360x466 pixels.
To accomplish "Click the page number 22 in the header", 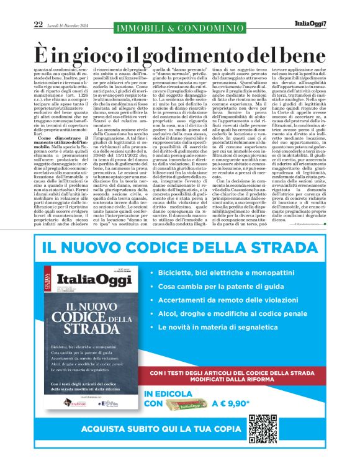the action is point(38,24).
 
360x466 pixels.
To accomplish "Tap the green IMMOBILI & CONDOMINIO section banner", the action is point(179,27).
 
